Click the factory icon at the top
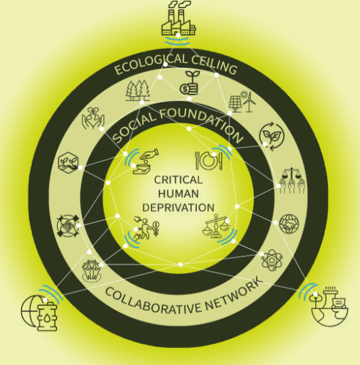pos(179,18)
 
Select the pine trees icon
pos(138,91)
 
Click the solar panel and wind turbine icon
pos(242,102)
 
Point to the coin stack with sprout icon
pos(190,83)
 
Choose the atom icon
pos(272,260)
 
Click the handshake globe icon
pos(289,224)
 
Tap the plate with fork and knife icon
pos(209,160)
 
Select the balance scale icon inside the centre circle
pos(215,226)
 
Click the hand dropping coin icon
pos(146,161)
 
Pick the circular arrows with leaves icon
pos(272,137)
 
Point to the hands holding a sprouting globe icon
pos(93,118)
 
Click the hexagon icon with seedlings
pos(68,162)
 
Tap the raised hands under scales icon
pos(291,180)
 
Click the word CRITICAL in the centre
pos(178,180)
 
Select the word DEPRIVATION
pos(178,207)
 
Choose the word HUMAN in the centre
pos(179,194)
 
